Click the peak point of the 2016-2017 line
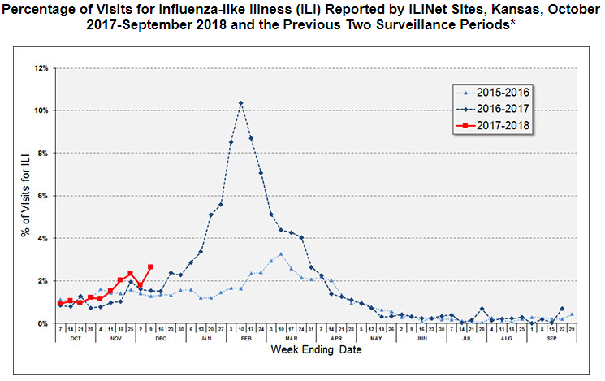coord(241,103)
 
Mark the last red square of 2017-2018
coord(150,267)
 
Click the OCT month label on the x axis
coord(75,339)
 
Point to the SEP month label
coord(552,339)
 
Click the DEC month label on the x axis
coord(159,339)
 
